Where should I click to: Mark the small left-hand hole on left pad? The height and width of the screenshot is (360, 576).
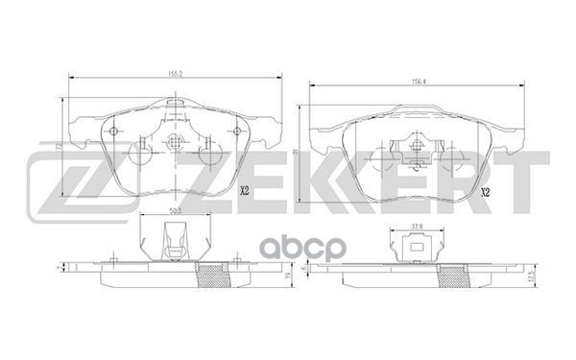coord(113,132)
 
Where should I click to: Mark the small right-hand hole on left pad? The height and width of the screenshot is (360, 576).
coord(236,132)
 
